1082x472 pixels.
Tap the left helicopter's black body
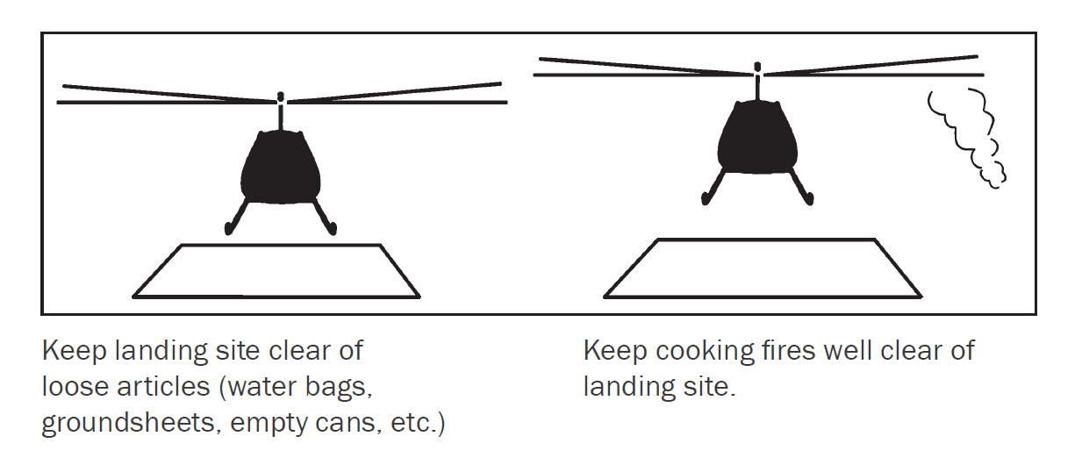tap(280, 167)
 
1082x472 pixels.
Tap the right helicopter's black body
tap(757, 138)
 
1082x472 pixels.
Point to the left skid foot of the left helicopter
tap(229, 228)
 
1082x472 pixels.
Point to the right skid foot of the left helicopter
tap(332, 228)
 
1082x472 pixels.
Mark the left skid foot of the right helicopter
tap(706, 198)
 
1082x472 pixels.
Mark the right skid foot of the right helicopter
tap(808, 198)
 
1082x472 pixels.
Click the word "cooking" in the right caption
tap(706, 351)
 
